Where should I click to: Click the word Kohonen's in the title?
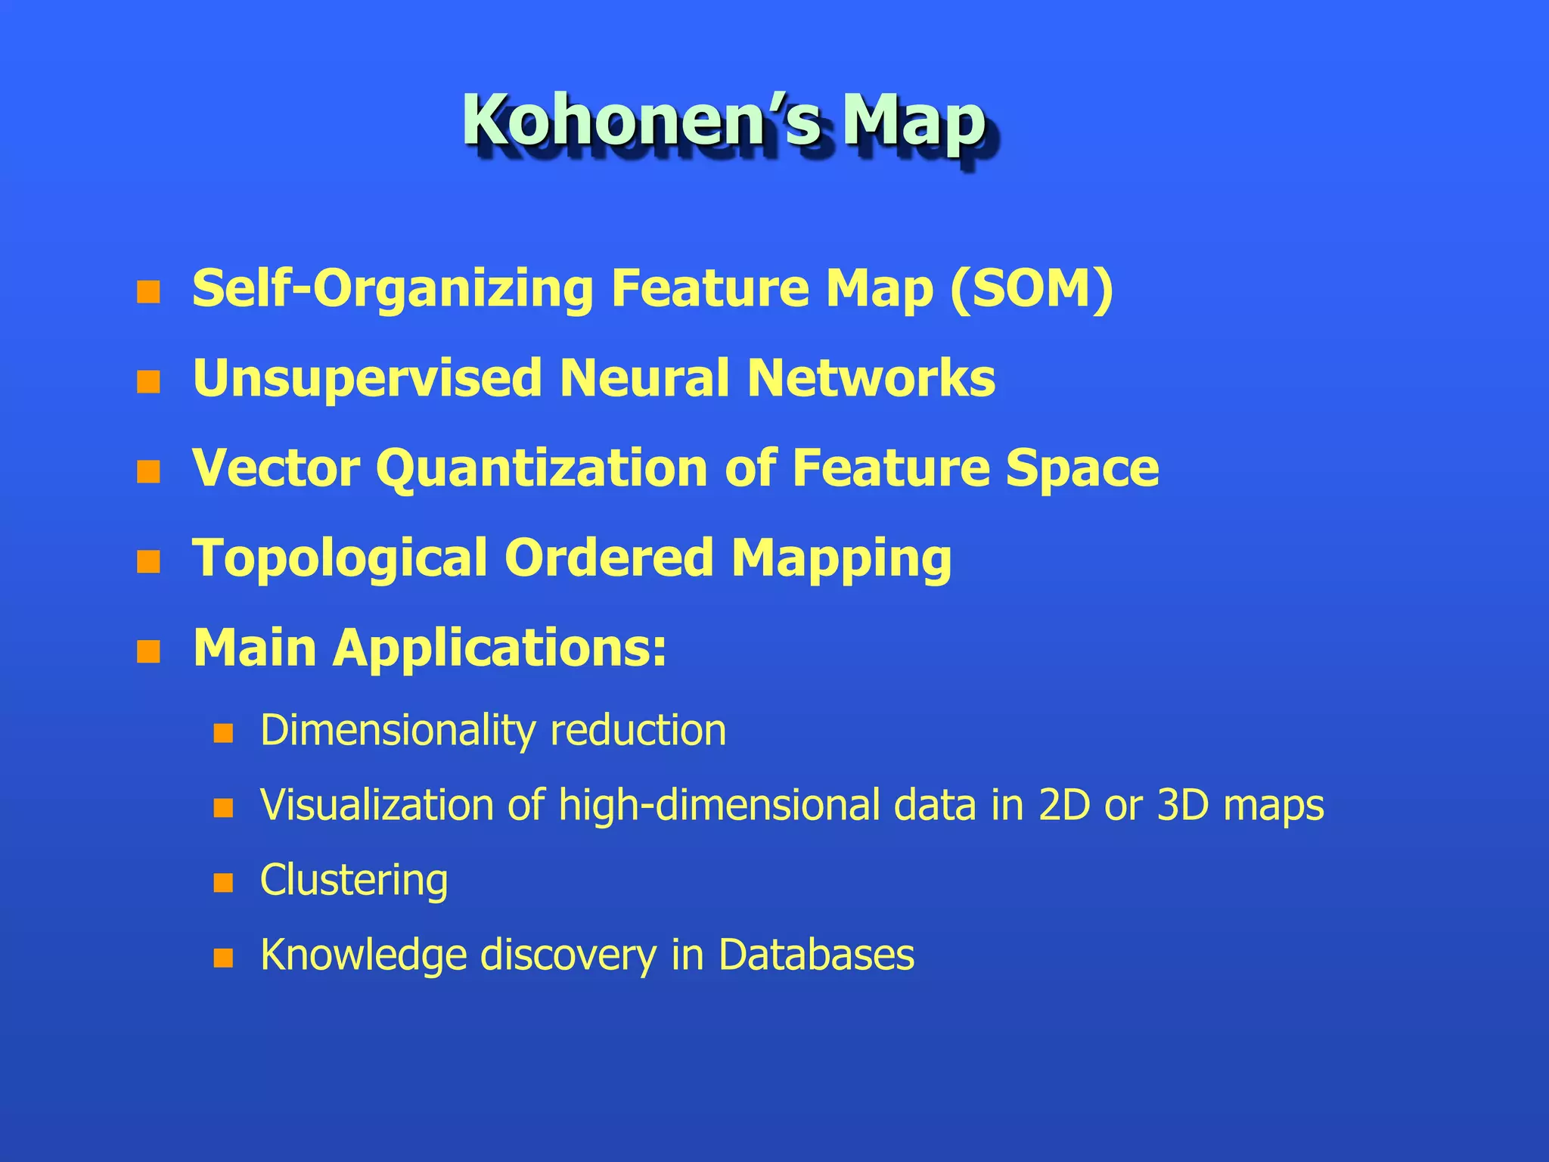[x=641, y=121]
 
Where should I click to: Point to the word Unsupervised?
[x=368, y=378]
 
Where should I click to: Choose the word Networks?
[x=871, y=377]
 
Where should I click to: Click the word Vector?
[x=276, y=468]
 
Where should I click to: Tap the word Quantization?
[x=542, y=469]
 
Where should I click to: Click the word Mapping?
[x=841, y=559]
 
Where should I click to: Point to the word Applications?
[x=500, y=649]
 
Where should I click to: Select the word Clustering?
[x=354, y=881]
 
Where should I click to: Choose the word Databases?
[x=816, y=955]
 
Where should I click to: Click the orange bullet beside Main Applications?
[x=148, y=651]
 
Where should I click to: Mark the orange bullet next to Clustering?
[x=223, y=883]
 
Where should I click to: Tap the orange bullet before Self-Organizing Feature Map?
[x=148, y=292]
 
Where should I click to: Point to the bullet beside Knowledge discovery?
[x=223, y=958]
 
